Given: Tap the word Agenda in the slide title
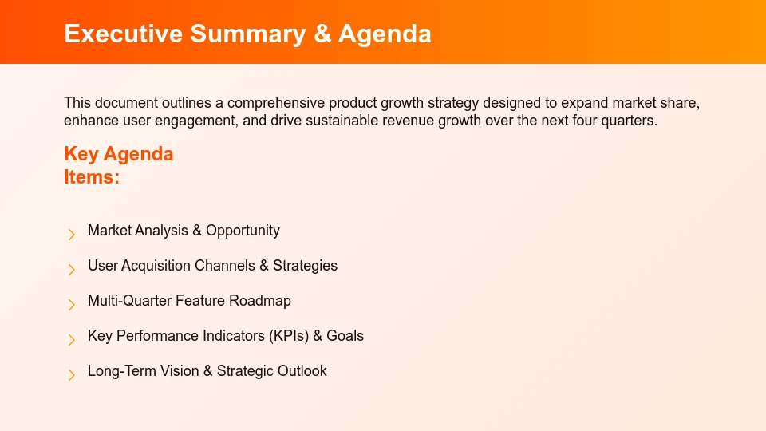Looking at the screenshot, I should click(385, 34).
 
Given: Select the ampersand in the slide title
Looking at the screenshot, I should click(322, 34).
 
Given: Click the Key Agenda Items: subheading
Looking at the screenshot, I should click(118, 165).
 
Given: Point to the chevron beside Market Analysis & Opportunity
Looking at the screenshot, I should click(71, 234).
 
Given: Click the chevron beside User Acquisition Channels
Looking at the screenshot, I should click(71, 269).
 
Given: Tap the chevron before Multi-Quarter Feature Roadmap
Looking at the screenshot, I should click(71, 304).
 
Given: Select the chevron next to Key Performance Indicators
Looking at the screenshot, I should click(71, 339).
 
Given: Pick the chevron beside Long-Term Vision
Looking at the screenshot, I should click(71, 374).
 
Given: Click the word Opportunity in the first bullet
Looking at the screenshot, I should click(243, 231).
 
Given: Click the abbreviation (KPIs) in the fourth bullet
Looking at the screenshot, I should click(288, 336).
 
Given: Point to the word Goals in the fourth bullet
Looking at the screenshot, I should click(345, 336).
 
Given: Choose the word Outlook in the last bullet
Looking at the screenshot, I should click(302, 371).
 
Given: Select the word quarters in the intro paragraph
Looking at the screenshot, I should click(630, 121).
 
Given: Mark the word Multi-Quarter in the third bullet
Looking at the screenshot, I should click(129, 301).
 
